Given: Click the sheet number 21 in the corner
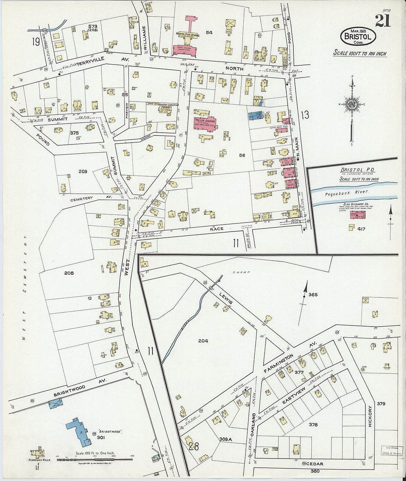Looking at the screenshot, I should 383,21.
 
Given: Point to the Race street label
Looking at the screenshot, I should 217,229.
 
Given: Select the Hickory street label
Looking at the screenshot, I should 371,416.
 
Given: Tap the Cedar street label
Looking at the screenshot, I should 314,464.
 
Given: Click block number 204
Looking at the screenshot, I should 203,341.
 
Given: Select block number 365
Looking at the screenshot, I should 313,294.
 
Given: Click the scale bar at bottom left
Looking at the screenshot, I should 94,459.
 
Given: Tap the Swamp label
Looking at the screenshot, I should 244,272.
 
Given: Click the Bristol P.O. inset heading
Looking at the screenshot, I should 357,170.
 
